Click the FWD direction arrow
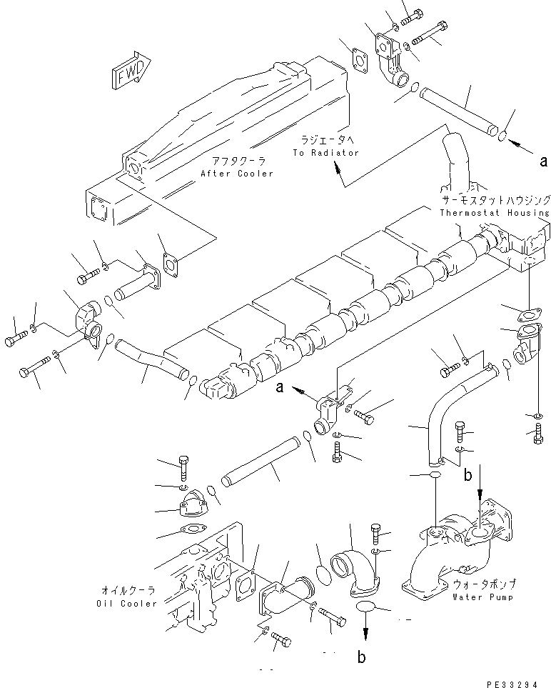[x=131, y=69]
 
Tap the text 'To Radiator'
[x=325, y=153]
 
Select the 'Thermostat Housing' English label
[x=495, y=212]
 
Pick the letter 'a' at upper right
[x=544, y=161]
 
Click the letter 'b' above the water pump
[x=468, y=472]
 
